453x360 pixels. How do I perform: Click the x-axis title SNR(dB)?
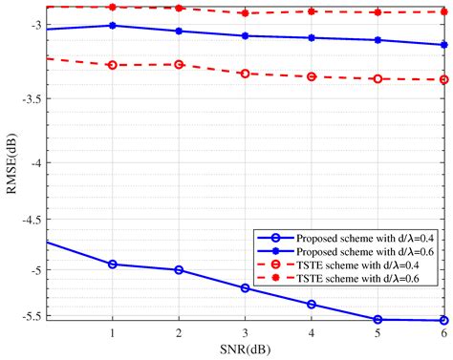(246, 350)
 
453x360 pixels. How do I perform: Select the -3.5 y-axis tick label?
(27, 96)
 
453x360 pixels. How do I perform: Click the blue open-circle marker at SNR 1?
(113, 264)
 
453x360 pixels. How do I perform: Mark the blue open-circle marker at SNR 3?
(246, 287)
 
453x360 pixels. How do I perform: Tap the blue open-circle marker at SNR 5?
(377, 320)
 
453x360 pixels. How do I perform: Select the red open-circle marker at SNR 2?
(179, 64)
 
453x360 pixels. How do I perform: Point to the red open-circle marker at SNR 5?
(377, 78)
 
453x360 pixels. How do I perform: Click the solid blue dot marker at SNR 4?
(312, 38)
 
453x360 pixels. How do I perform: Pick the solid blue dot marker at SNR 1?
(113, 26)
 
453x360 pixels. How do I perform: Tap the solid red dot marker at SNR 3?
(246, 13)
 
